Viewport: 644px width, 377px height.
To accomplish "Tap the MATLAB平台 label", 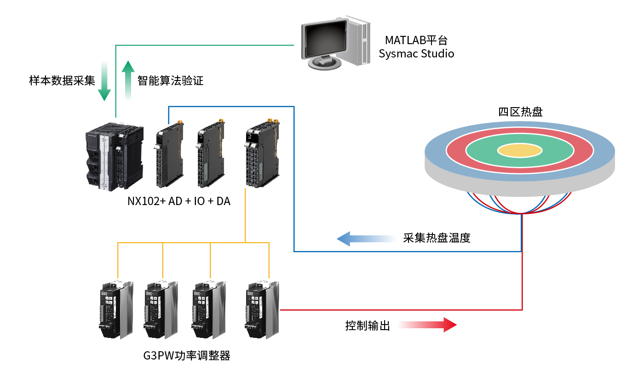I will pyautogui.click(x=416, y=40).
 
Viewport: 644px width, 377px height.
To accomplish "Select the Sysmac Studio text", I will pyautogui.click(x=416, y=54).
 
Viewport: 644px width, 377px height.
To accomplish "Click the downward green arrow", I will pyautogui.click(x=104, y=82).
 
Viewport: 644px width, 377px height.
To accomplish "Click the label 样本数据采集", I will pyautogui.click(x=62, y=81).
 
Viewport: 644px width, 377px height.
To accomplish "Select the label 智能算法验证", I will pyautogui.click(x=170, y=81).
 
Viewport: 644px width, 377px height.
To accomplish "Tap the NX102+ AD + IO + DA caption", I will pyautogui.click(x=179, y=201).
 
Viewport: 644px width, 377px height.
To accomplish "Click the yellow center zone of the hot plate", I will pyautogui.click(x=520, y=150).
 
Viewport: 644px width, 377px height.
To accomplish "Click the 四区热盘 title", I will pyautogui.click(x=520, y=112).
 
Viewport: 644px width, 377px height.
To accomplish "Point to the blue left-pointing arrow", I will pyautogui.click(x=363, y=239).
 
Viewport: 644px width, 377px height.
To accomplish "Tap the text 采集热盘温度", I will pyautogui.click(x=437, y=238).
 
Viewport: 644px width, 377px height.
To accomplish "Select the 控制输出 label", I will pyautogui.click(x=368, y=326).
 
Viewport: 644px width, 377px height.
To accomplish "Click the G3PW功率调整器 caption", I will pyautogui.click(x=186, y=355).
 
